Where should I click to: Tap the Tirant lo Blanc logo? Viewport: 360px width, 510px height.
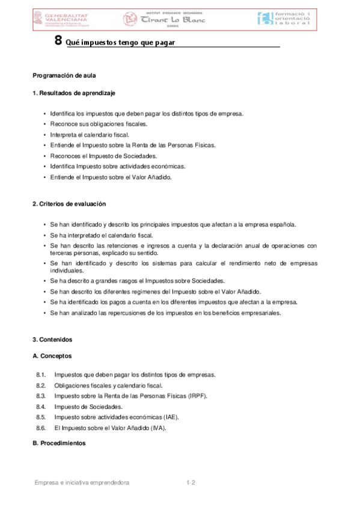pos(163,19)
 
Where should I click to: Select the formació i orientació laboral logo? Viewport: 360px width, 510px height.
pos(284,19)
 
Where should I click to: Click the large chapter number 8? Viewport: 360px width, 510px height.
pos(58,41)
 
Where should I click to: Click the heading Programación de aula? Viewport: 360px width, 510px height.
pos(64,76)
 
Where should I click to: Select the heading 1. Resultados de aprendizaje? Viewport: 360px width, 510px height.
pos(73,93)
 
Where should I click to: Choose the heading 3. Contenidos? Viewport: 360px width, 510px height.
pos(52,339)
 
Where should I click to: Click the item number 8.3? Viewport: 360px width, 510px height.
pos(41,396)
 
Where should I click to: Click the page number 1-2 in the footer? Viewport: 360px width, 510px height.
pos(192,482)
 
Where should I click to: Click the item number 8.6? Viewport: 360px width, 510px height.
pos(41,428)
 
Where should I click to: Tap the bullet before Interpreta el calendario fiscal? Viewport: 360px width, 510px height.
pos(44,135)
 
